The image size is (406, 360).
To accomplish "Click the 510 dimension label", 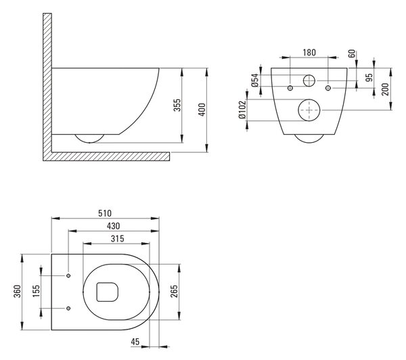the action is point(105,213).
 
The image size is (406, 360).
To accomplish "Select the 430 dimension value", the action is point(114,226).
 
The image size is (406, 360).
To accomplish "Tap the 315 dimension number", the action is point(118,238).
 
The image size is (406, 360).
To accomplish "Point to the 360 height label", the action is point(17,291).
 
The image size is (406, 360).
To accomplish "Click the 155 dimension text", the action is point(37,291).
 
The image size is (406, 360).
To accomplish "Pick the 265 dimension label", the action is point(175,291).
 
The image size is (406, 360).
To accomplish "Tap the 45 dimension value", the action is point(135,342).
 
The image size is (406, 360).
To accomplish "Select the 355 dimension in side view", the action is point(177,105).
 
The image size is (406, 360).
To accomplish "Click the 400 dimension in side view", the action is point(202,110).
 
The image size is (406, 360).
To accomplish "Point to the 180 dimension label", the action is point(309,53).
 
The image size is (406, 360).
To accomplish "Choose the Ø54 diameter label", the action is point(255,81).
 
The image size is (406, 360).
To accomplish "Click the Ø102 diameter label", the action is point(242,110).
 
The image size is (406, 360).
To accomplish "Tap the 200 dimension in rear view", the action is point(385,89).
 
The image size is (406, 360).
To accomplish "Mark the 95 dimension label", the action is point(369,77).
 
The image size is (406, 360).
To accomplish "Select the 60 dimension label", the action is point(352,54).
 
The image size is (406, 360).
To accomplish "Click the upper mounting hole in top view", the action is point(68,275).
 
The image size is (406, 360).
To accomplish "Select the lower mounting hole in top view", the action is point(68,308).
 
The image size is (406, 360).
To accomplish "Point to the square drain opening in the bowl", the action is point(107,292).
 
